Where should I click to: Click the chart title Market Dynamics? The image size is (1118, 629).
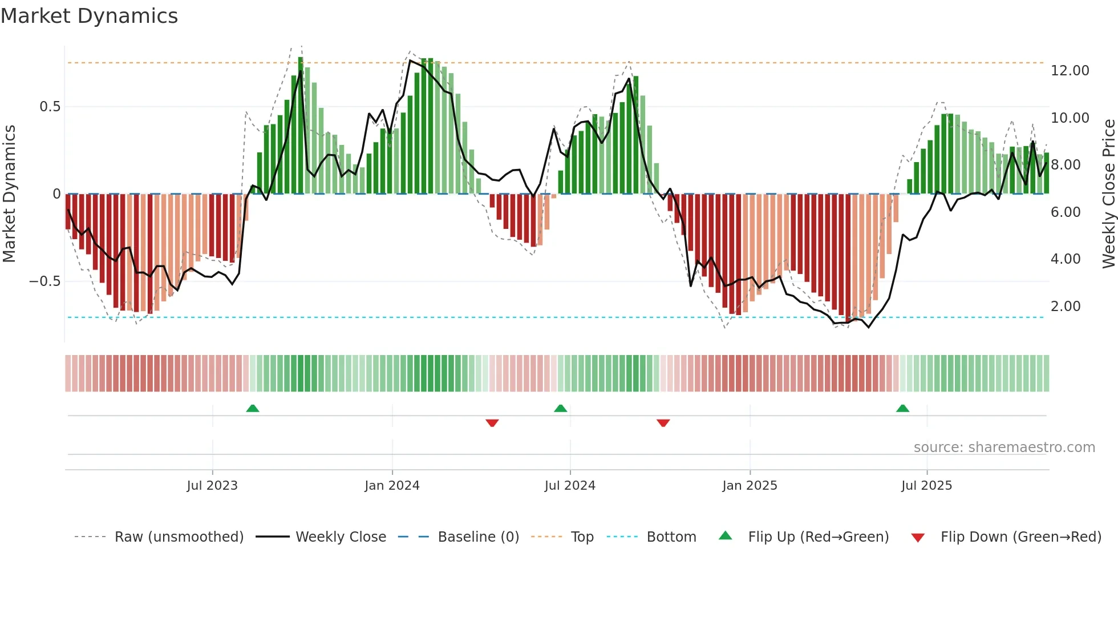pos(90,16)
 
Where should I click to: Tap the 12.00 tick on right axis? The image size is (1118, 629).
pos(1070,71)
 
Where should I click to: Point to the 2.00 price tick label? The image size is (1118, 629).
pos(1066,307)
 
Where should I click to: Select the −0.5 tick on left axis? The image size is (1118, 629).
pos(45,281)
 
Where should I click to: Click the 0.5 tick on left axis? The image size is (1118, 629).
pos(50,107)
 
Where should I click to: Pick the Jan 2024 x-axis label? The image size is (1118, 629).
pos(392,486)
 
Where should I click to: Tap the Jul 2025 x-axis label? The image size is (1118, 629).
pos(926,486)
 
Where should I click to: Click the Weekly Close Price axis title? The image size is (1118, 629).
pos(1108,193)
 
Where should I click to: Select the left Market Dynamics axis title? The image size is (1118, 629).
pos(9,193)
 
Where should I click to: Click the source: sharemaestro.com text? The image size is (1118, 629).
pos(1004,447)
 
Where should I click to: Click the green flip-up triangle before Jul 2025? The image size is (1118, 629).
pos(902,408)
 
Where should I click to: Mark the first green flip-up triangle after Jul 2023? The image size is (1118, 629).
pos(253,408)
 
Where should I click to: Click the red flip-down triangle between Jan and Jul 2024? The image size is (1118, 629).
pos(492,423)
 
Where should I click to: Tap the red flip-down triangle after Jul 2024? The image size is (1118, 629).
pos(663,423)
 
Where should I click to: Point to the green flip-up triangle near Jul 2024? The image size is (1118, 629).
pos(561,408)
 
